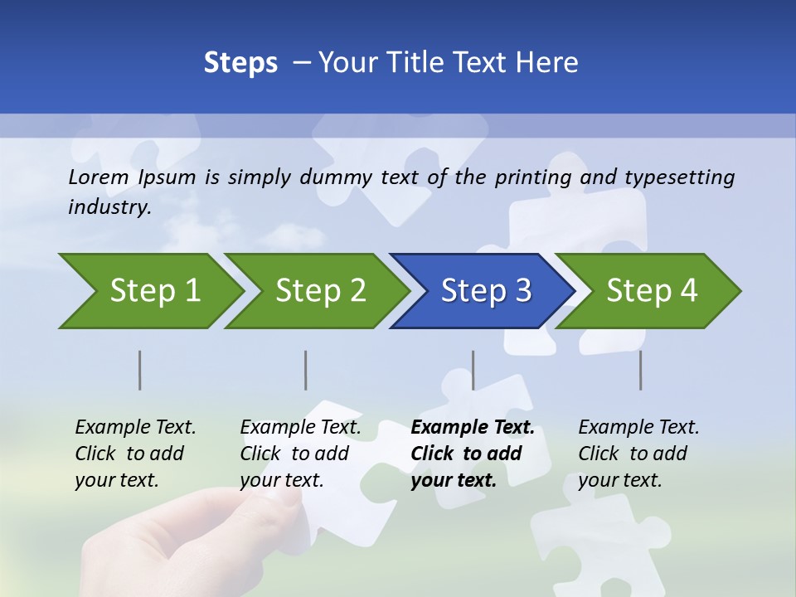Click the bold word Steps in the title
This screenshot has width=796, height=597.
coord(240,63)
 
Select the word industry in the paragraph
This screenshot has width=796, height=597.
coord(109,206)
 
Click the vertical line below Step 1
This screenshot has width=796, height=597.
coord(140,370)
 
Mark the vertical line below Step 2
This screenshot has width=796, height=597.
coord(306,370)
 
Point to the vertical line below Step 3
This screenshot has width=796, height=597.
coord(473,370)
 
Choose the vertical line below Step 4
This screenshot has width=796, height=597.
coord(641,370)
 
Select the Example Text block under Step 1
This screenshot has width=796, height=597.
coord(135,454)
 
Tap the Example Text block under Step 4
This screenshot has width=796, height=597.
coord(638,454)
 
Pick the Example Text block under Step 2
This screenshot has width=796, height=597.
coord(300,454)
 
